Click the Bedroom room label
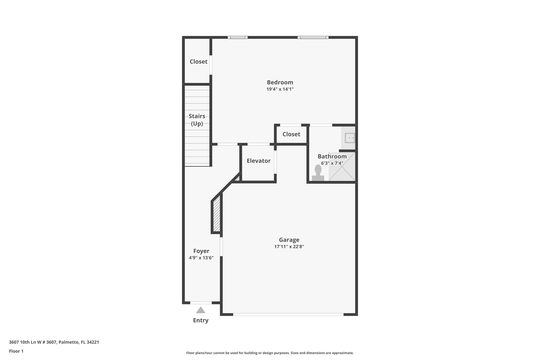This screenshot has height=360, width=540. pyautogui.click(x=280, y=82)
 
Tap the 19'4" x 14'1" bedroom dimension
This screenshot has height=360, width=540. pyautogui.click(x=280, y=89)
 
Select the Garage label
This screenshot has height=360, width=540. pyautogui.click(x=289, y=240)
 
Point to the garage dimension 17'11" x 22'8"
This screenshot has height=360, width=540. pyautogui.click(x=289, y=247)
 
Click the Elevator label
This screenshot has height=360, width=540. pyautogui.click(x=258, y=161)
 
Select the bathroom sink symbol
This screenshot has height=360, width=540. pyautogui.click(x=350, y=138)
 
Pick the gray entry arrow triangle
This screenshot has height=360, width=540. pyautogui.click(x=201, y=310)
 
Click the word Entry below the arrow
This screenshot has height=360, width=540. pyautogui.click(x=201, y=320)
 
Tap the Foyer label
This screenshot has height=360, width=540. pyautogui.click(x=201, y=251)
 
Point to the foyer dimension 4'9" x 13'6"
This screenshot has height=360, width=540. pyautogui.click(x=201, y=258)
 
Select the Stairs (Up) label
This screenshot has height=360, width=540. pyautogui.click(x=197, y=120)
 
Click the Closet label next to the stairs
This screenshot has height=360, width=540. pyautogui.click(x=199, y=61)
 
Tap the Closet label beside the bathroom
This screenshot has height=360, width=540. pyautogui.click(x=291, y=134)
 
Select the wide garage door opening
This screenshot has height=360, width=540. pyautogui.click(x=288, y=314)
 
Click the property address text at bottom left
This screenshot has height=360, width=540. pyautogui.click(x=54, y=342)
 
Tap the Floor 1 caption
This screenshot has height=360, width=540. pyautogui.click(x=16, y=351)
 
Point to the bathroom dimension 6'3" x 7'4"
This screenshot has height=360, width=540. pyautogui.click(x=332, y=163)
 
